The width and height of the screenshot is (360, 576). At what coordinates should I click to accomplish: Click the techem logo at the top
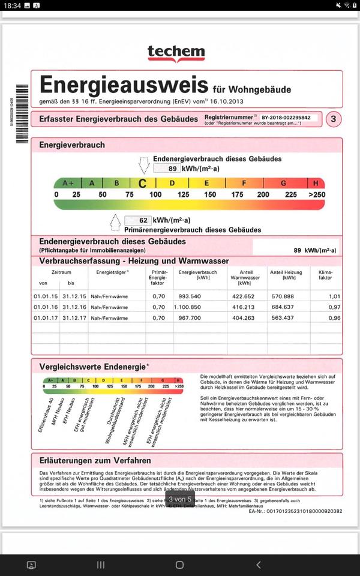[x=176, y=53]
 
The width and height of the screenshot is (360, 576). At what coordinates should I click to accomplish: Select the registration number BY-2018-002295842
[x=286, y=118]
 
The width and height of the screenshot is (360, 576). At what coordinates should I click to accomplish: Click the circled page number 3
[x=333, y=119]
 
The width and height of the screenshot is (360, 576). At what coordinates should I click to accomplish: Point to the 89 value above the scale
[x=172, y=169]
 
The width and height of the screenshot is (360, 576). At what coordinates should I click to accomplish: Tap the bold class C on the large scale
[x=143, y=183]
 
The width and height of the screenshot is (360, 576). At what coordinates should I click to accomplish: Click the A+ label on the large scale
[x=68, y=183]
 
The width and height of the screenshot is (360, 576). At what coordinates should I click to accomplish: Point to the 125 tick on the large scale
[x=183, y=194]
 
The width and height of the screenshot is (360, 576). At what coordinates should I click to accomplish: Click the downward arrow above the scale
[x=144, y=164]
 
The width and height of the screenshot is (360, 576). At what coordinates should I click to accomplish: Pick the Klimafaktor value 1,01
[x=334, y=296]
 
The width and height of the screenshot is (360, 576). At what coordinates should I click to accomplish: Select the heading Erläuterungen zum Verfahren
[x=95, y=461]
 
